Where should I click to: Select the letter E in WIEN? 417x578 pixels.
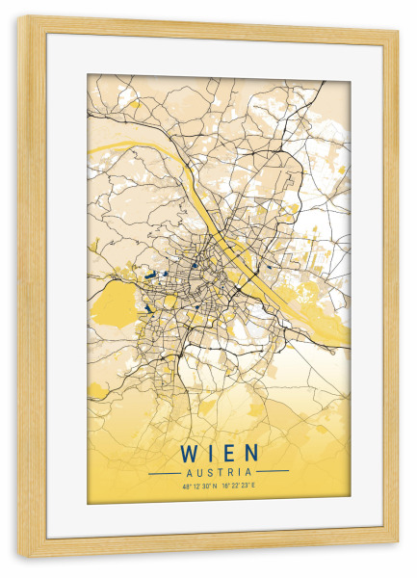pyautogui.click(x=229, y=452)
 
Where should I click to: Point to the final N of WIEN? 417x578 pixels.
pyautogui.click(x=251, y=452)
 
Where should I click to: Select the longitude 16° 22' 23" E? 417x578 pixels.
pyautogui.click(x=241, y=486)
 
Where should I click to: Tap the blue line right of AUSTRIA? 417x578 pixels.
pyautogui.click(x=274, y=472)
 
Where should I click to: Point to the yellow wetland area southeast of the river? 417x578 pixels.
pyautogui.click(x=308, y=289)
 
